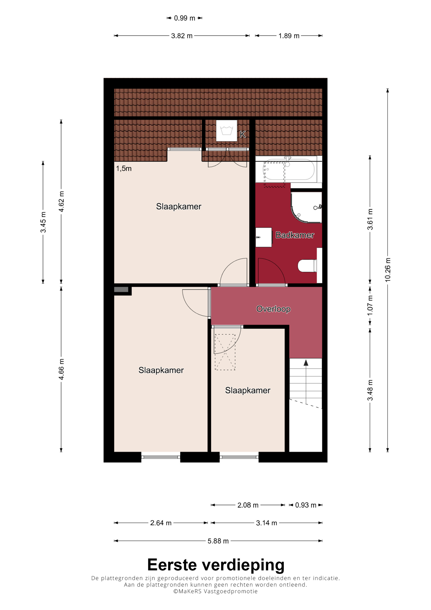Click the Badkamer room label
click(x=295, y=235)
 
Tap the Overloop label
click(x=273, y=309)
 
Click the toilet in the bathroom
click(x=307, y=266)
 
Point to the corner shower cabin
click(x=306, y=207)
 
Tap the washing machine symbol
click(x=226, y=131)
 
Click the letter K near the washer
click(x=242, y=135)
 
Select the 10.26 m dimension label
click(x=388, y=270)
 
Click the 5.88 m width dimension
click(x=218, y=541)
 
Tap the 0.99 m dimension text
click(x=184, y=18)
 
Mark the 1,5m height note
click(x=124, y=168)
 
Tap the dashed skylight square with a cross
click(x=225, y=352)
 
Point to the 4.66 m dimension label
click(x=61, y=369)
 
